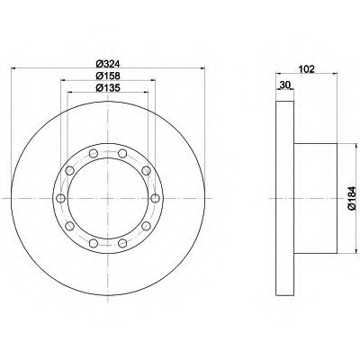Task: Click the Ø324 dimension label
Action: (108, 64)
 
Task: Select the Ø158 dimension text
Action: (108, 76)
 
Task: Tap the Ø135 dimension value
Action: (108, 87)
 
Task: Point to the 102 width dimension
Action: (307, 69)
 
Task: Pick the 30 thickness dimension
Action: (284, 85)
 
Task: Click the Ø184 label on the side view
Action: (352, 198)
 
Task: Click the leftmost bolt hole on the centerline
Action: (61, 198)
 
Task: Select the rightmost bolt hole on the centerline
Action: (155, 198)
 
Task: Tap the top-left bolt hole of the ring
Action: (94, 154)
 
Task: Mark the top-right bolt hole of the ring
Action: (122, 154)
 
